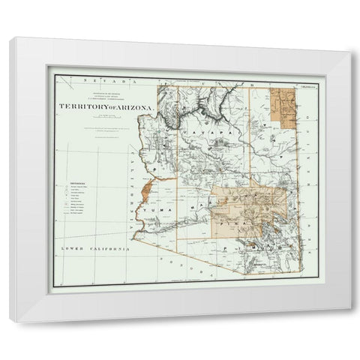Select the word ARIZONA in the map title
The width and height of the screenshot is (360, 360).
point(135,106)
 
